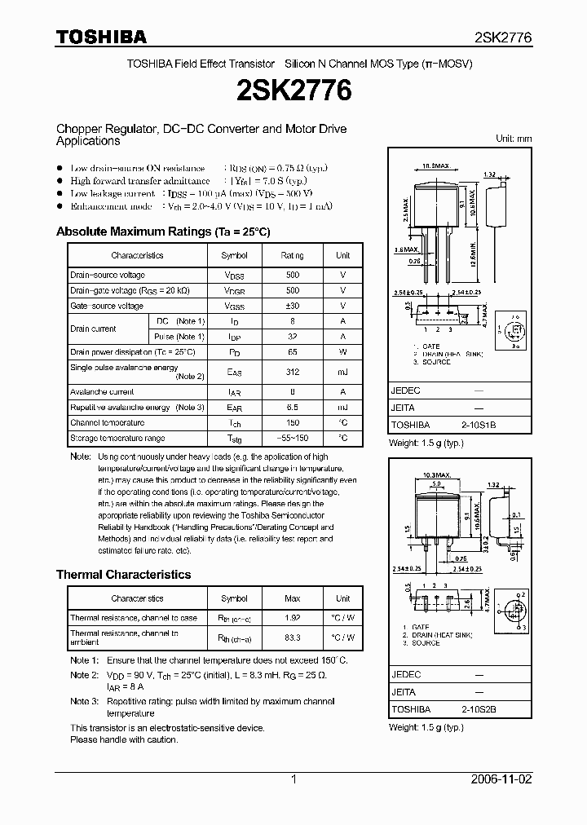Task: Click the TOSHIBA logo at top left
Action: click(x=101, y=37)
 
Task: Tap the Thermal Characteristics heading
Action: click(x=123, y=575)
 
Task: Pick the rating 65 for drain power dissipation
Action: click(x=293, y=352)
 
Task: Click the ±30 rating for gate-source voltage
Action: click(x=293, y=306)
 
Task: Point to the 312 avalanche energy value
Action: click(x=293, y=372)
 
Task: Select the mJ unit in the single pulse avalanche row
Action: click(x=343, y=372)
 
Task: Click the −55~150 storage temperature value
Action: click(x=293, y=439)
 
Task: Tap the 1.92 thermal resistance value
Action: click(x=293, y=618)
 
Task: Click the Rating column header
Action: click(x=293, y=255)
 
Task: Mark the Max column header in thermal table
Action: click(x=293, y=598)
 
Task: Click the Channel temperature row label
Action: click(x=108, y=423)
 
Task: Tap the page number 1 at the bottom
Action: click(x=293, y=779)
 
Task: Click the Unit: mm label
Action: click(x=514, y=139)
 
